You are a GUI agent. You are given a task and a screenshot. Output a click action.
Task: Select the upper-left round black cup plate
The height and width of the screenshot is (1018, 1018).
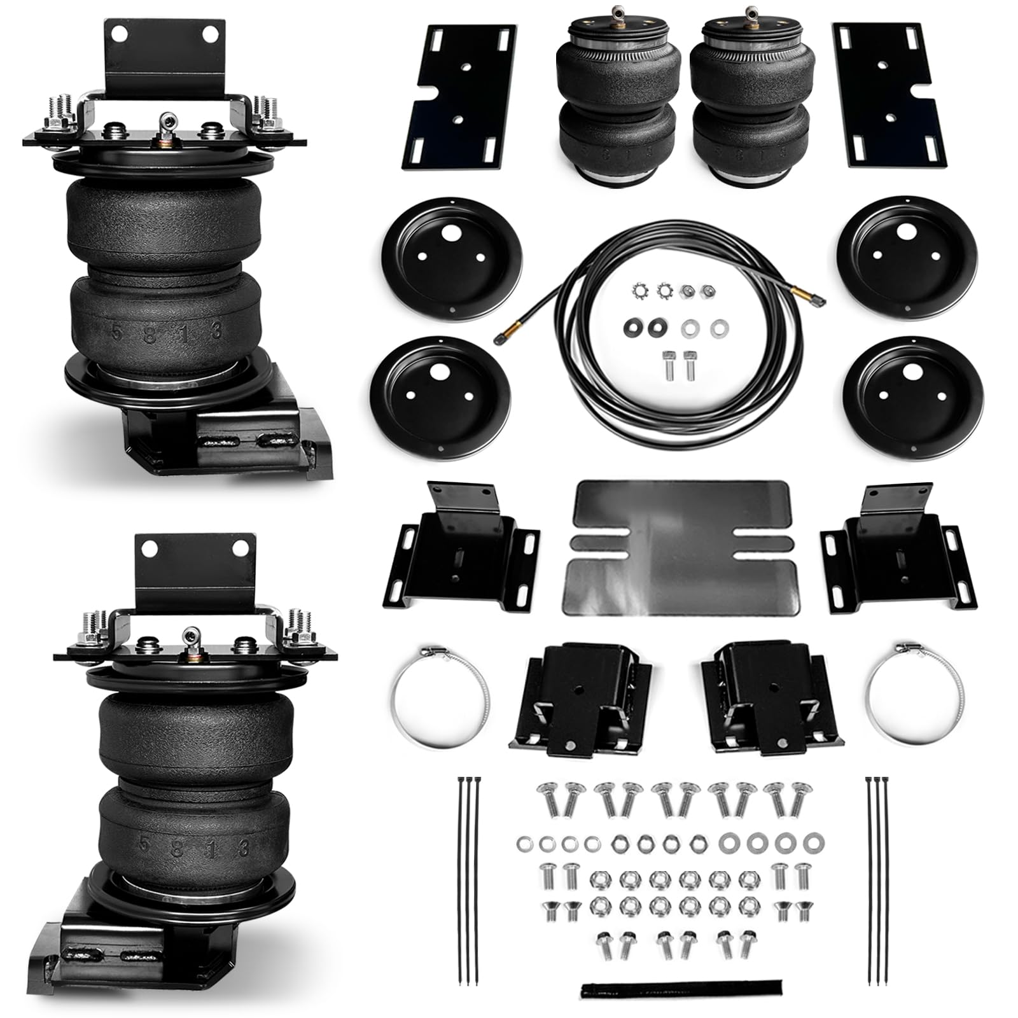[x=452, y=254]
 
